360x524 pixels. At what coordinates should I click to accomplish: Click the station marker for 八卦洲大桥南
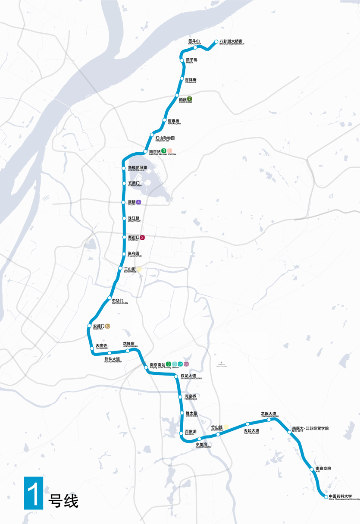click(x=216, y=42)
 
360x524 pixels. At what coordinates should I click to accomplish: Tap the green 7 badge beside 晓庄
click(x=190, y=99)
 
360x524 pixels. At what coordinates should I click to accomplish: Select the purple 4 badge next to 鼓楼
click(x=138, y=202)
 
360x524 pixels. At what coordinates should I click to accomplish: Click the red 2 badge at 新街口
click(x=142, y=237)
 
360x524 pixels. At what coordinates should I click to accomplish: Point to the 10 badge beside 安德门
click(x=108, y=326)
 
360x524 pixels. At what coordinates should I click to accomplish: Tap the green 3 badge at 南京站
click(x=164, y=151)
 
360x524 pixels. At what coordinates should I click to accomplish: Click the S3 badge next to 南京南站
click(x=186, y=364)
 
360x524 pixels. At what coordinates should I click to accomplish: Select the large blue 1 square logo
click(x=34, y=493)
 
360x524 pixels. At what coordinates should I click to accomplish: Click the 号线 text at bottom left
click(x=64, y=501)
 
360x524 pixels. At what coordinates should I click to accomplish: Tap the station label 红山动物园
click(x=165, y=138)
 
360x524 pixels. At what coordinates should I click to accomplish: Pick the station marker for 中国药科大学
click(x=326, y=497)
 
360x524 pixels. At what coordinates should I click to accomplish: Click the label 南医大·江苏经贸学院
click(x=310, y=429)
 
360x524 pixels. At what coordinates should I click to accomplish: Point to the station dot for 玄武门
click(x=124, y=184)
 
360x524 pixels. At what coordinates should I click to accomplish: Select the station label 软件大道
click(x=113, y=359)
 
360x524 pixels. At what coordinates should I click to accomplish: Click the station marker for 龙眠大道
click(x=269, y=420)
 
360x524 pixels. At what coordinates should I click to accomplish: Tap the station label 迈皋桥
click(x=173, y=121)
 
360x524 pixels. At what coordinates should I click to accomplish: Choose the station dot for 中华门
click(x=110, y=298)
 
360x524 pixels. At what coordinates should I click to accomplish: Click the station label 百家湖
click(x=191, y=431)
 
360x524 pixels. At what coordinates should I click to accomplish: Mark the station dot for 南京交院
click(x=311, y=469)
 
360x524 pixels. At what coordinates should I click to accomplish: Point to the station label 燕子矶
click(x=191, y=60)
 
